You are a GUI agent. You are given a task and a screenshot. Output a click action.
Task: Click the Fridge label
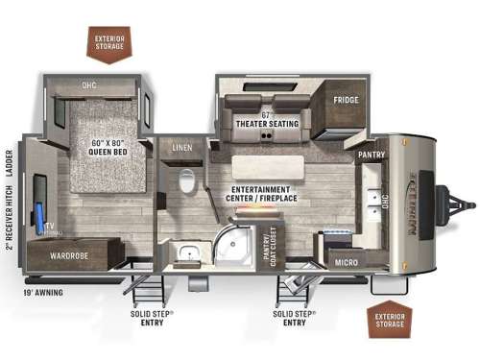pyautogui.click(x=347, y=100)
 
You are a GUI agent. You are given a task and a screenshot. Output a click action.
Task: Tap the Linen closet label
pyautogui.click(x=182, y=148)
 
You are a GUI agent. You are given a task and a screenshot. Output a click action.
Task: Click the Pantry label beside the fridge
pyautogui.click(x=371, y=154)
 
